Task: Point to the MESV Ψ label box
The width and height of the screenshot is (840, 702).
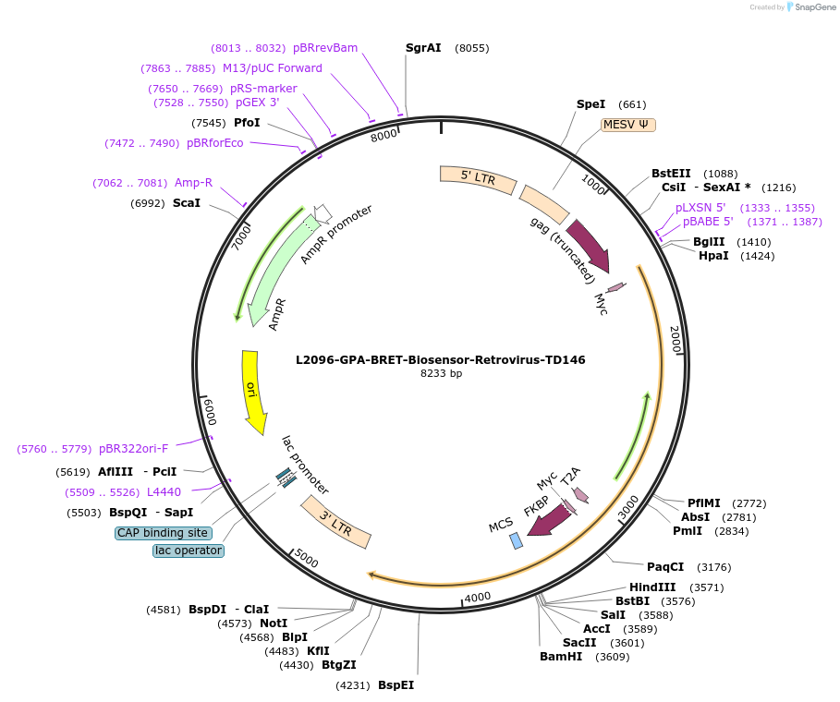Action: [x=628, y=124]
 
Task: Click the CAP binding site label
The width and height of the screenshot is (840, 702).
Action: [x=163, y=533]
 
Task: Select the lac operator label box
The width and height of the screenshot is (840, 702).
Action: [x=189, y=551]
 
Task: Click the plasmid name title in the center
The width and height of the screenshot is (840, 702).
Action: [x=440, y=360]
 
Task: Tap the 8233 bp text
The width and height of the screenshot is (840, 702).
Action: [x=441, y=374]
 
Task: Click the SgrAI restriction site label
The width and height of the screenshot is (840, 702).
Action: [x=423, y=48]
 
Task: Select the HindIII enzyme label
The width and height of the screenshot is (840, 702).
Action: [x=652, y=587]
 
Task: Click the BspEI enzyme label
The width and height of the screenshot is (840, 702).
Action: [x=396, y=685]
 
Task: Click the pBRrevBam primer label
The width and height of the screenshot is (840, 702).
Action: [x=325, y=48]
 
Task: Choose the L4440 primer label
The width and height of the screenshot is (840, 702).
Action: [x=164, y=492]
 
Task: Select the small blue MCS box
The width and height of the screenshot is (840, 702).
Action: [x=516, y=541]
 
